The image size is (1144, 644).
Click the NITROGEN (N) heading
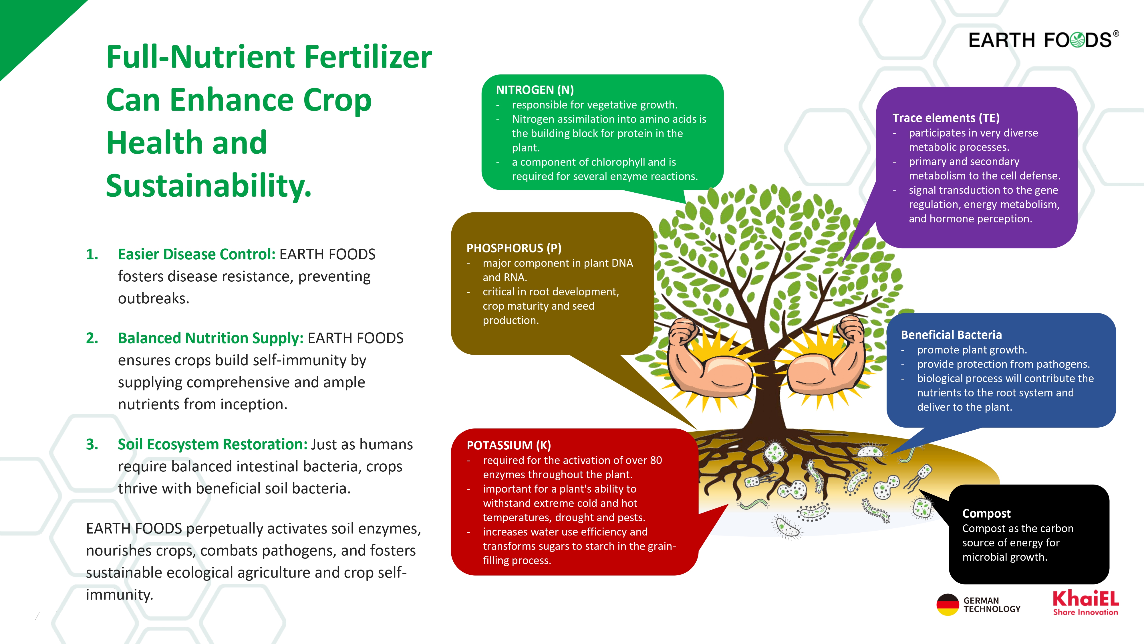pyautogui.click(x=535, y=90)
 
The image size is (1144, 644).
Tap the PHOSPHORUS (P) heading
pyautogui.click(x=514, y=248)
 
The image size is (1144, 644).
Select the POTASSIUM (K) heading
pyautogui.click(x=509, y=445)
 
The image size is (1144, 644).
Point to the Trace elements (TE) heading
pyautogui.click(x=946, y=118)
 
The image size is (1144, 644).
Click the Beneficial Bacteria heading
pyautogui.click(x=951, y=335)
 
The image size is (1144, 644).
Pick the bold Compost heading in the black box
pyautogui.click(x=986, y=514)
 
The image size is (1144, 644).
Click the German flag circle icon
pyautogui.click(x=948, y=605)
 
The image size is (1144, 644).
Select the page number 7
pyautogui.click(x=37, y=616)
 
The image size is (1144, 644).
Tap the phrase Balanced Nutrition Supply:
pyautogui.click(x=210, y=338)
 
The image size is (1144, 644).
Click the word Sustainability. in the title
pyautogui.click(x=209, y=185)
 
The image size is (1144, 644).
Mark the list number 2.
pyautogui.click(x=92, y=338)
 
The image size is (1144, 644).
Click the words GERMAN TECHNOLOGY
pyautogui.click(x=992, y=605)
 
